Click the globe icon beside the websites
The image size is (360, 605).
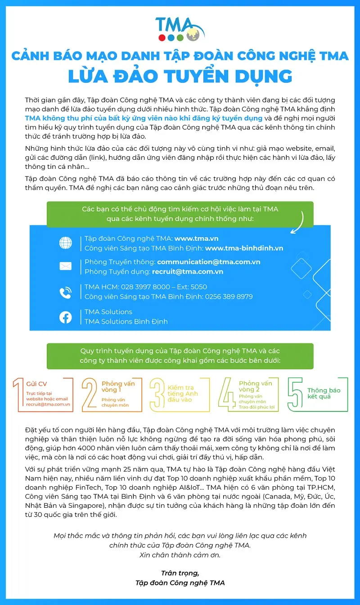66,243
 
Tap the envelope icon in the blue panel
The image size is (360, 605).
66,266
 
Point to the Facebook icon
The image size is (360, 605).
66,317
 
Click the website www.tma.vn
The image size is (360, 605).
196,239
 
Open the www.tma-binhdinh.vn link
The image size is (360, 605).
244,248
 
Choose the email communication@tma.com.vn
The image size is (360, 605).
208,262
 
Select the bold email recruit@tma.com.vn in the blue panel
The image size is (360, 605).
187,271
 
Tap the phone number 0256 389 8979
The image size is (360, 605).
229,297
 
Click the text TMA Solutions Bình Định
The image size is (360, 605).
126,321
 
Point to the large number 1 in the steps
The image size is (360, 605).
18,394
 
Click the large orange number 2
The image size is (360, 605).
90,394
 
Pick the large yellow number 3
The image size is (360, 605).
157,394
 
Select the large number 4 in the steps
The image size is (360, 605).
227,394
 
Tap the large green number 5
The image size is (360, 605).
295,394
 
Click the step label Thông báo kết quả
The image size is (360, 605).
324,393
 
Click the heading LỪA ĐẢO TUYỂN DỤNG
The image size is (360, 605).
180,76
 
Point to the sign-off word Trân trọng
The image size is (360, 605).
180,573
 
